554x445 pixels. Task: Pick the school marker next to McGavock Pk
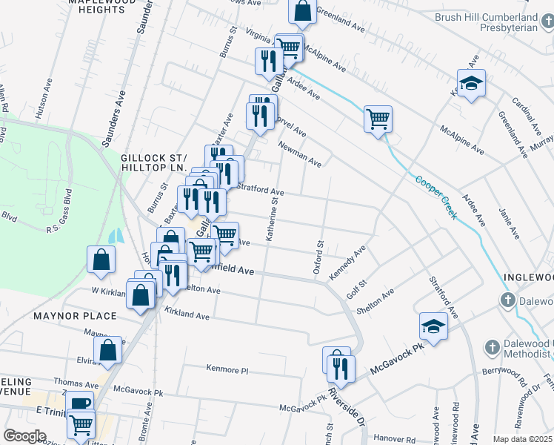point(433,326)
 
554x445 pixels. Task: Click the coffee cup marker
point(79,404)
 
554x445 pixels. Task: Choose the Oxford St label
point(320,257)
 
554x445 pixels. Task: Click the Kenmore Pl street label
point(226,369)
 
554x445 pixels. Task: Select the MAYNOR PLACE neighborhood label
point(75,316)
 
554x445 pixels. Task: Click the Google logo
point(24,435)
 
